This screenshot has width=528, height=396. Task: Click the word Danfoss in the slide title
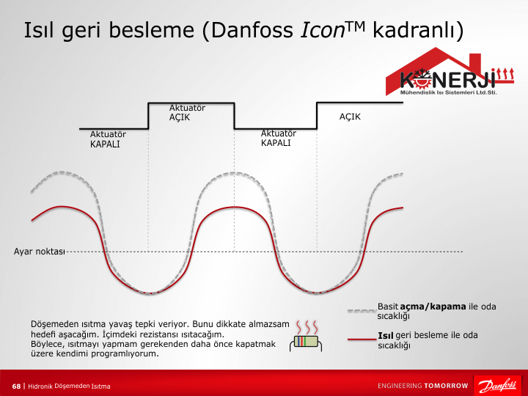252,30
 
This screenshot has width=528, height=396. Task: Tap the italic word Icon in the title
323,30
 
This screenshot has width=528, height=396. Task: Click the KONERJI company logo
450,71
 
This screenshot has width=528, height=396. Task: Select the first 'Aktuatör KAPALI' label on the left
108,139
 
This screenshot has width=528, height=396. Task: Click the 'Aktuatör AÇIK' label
187,112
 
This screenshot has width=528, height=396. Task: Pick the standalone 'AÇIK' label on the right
350,117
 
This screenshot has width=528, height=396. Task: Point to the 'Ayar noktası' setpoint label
39,252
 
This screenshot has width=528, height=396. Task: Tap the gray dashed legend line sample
362,310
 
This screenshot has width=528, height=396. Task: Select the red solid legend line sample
362,339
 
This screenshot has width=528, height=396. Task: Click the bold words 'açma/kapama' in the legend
433,307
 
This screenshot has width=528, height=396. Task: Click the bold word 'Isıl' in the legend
386,335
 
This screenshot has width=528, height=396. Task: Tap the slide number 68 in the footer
16,386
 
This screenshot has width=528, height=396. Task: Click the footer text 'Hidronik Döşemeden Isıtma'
69,386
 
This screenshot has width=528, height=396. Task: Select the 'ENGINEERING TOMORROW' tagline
423,386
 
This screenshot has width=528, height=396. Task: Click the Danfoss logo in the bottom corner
497,386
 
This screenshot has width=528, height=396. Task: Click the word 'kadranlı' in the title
418,30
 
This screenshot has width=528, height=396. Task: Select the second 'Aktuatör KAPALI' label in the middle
279,138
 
